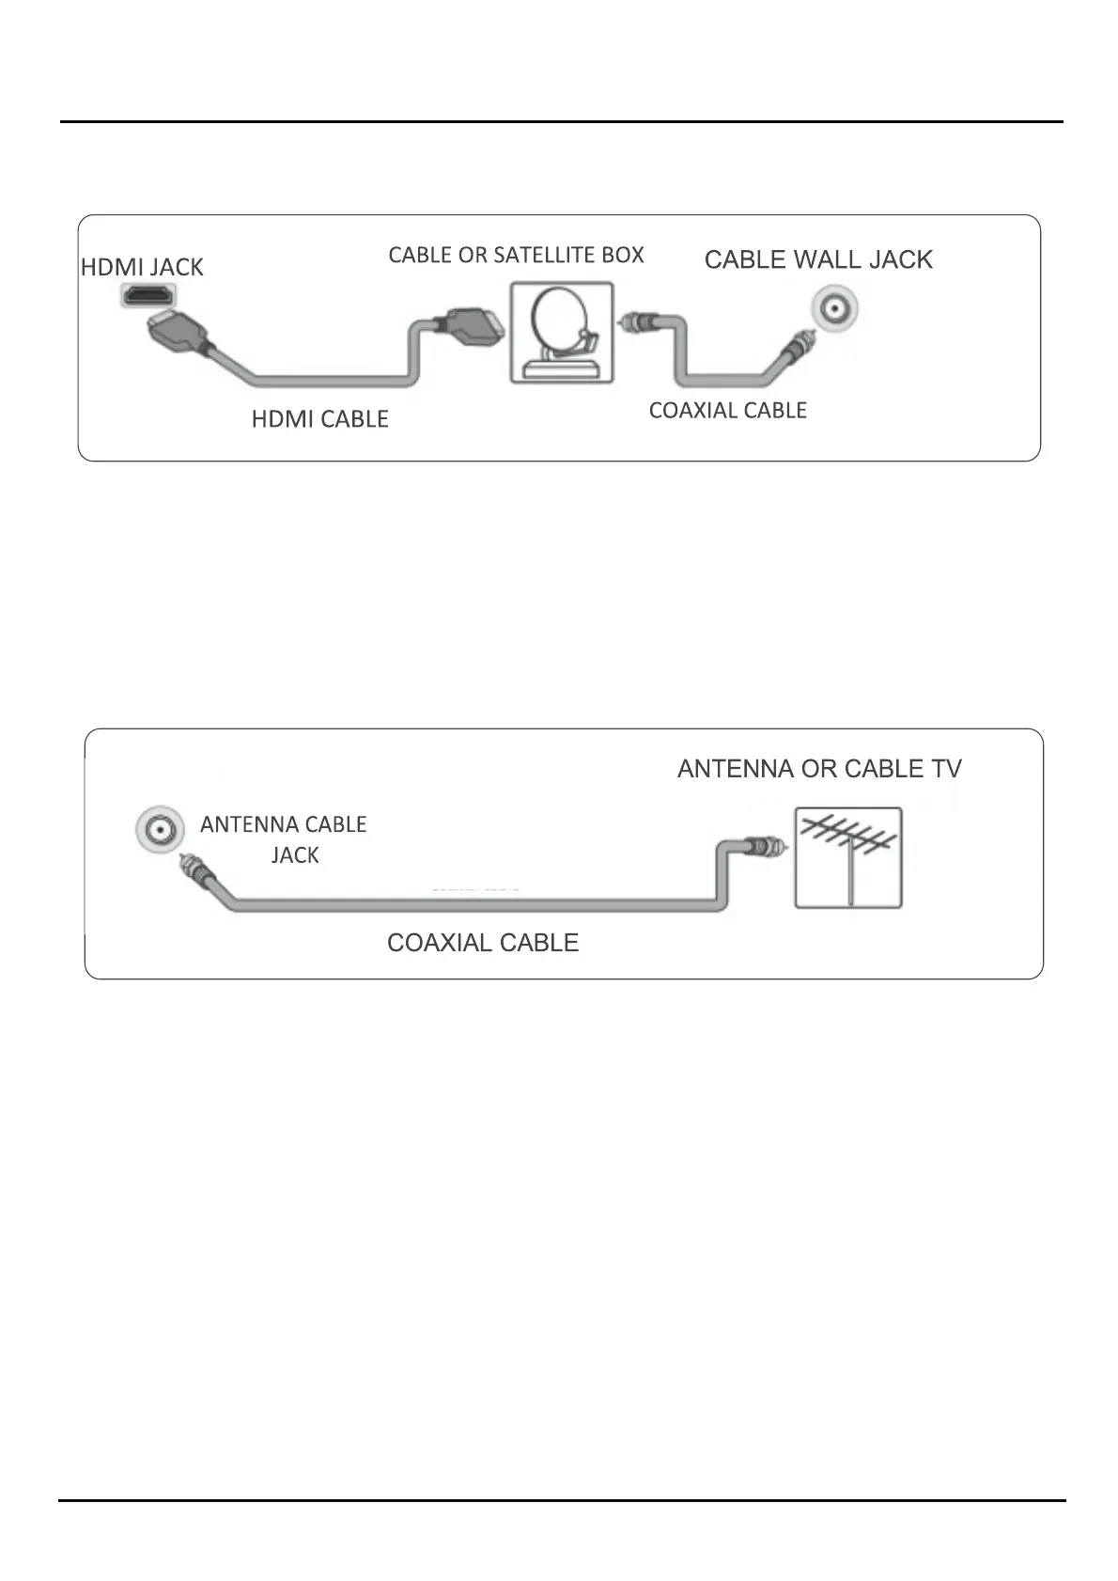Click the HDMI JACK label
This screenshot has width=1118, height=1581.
[142, 267]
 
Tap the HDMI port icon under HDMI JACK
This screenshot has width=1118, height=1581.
[148, 294]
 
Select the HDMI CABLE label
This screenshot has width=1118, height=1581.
[319, 419]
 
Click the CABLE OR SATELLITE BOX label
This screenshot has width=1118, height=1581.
[516, 255]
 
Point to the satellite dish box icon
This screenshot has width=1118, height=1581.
[562, 333]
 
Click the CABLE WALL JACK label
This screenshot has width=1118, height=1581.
[818, 259]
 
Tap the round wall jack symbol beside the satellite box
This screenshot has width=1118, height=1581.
[835, 308]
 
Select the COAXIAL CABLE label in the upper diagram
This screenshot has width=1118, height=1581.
[727, 410]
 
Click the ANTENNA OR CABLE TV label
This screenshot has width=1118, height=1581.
[819, 769]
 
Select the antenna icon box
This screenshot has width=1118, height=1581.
[848, 858]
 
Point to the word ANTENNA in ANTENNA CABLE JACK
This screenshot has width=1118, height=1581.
[248, 824]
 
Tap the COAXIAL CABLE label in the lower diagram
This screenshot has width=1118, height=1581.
[483, 943]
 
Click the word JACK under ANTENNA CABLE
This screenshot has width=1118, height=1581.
[295, 855]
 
